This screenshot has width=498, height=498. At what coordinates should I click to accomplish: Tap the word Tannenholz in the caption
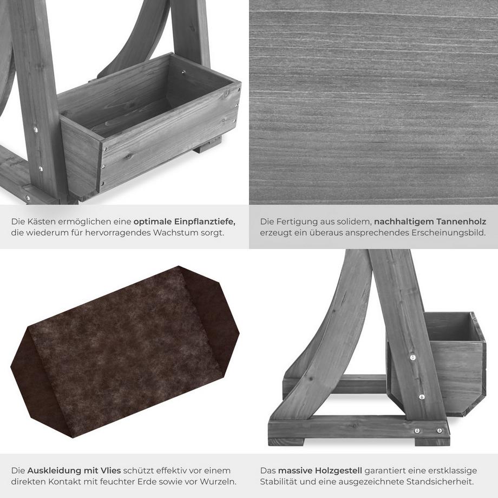[x=461, y=222]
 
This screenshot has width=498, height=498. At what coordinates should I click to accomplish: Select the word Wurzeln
[x=219, y=481]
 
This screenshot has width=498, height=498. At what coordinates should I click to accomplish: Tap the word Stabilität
[x=278, y=481]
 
